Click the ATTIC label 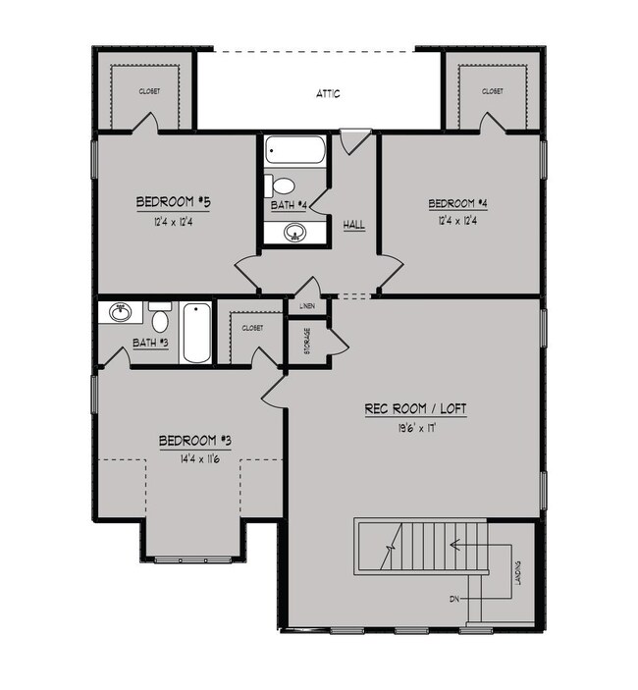(x=328, y=94)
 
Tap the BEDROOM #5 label (x=174, y=202)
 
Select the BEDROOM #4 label (x=457, y=204)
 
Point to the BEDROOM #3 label (x=195, y=441)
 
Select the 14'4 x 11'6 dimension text (x=194, y=458)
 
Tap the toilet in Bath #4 (x=283, y=186)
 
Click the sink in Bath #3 (x=120, y=314)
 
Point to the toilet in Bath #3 (x=160, y=318)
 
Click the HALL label (x=353, y=225)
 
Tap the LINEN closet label (x=307, y=307)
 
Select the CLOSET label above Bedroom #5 (x=150, y=91)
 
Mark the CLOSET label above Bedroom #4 (x=493, y=91)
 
